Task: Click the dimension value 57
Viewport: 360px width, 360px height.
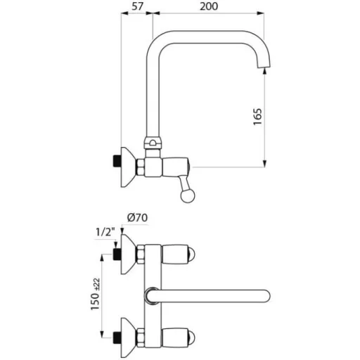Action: click(137, 6)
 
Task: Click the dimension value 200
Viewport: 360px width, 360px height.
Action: click(209, 6)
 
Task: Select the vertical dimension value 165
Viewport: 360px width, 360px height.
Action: click(257, 117)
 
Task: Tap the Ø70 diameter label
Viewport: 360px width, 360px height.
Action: click(137, 218)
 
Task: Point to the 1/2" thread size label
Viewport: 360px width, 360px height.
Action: click(105, 232)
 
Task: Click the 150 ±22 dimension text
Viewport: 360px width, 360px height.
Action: click(96, 295)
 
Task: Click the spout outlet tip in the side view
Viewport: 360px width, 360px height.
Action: click(264, 67)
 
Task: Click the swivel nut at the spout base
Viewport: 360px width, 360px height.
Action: click(153, 143)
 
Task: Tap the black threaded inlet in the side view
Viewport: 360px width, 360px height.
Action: click(117, 161)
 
